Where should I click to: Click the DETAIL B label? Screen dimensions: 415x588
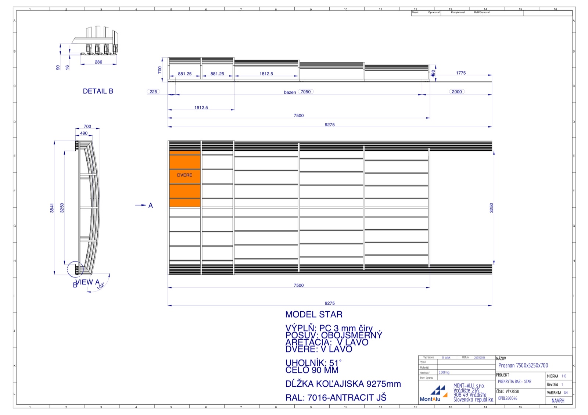[98, 91]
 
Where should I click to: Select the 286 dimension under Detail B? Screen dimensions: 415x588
[98, 62]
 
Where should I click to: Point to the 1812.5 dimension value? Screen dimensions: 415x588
[266, 74]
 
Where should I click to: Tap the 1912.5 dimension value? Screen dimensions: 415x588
[201, 108]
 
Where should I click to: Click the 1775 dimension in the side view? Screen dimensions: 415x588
[461, 73]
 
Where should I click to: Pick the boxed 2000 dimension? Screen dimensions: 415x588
[457, 92]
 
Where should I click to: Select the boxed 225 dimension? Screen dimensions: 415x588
[153, 92]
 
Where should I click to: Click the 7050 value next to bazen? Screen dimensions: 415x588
[306, 92]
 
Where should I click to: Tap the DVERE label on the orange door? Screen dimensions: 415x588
[184, 175]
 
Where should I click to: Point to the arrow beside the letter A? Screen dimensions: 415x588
[140, 205]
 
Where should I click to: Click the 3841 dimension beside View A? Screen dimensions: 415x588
[52, 208]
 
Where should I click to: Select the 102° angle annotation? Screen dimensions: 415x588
[101, 286]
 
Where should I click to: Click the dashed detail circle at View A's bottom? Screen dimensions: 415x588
[75, 269]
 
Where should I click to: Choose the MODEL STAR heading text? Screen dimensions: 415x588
[314, 315]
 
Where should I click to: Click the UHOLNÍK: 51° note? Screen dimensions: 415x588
[313, 363]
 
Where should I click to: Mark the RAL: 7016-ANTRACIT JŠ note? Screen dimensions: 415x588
[336, 398]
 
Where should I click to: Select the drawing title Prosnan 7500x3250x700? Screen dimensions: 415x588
[523, 365]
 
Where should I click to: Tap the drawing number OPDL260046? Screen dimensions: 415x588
[508, 398]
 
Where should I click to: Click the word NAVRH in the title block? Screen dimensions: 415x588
[558, 401]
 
